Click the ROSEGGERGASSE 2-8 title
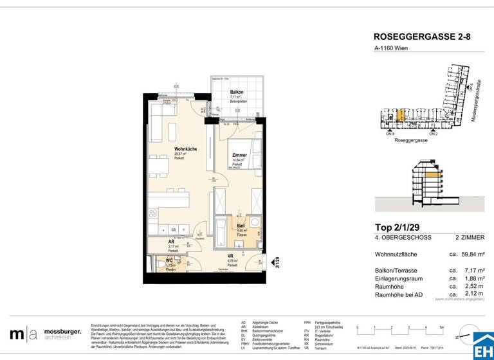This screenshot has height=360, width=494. pyautogui.click(x=422, y=37)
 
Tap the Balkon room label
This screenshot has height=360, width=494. pyautogui.click(x=237, y=93)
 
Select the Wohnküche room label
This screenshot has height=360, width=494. pyautogui.click(x=185, y=149)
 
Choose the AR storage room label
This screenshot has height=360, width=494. pyautogui.click(x=152, y=242)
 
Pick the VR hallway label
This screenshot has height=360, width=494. pyautogui.click(x=230, y=256)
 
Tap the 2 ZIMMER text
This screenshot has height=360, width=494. pyautogui.click(x=469, y=238)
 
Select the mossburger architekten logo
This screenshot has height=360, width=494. pyautogui.click(x=45, y=334)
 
